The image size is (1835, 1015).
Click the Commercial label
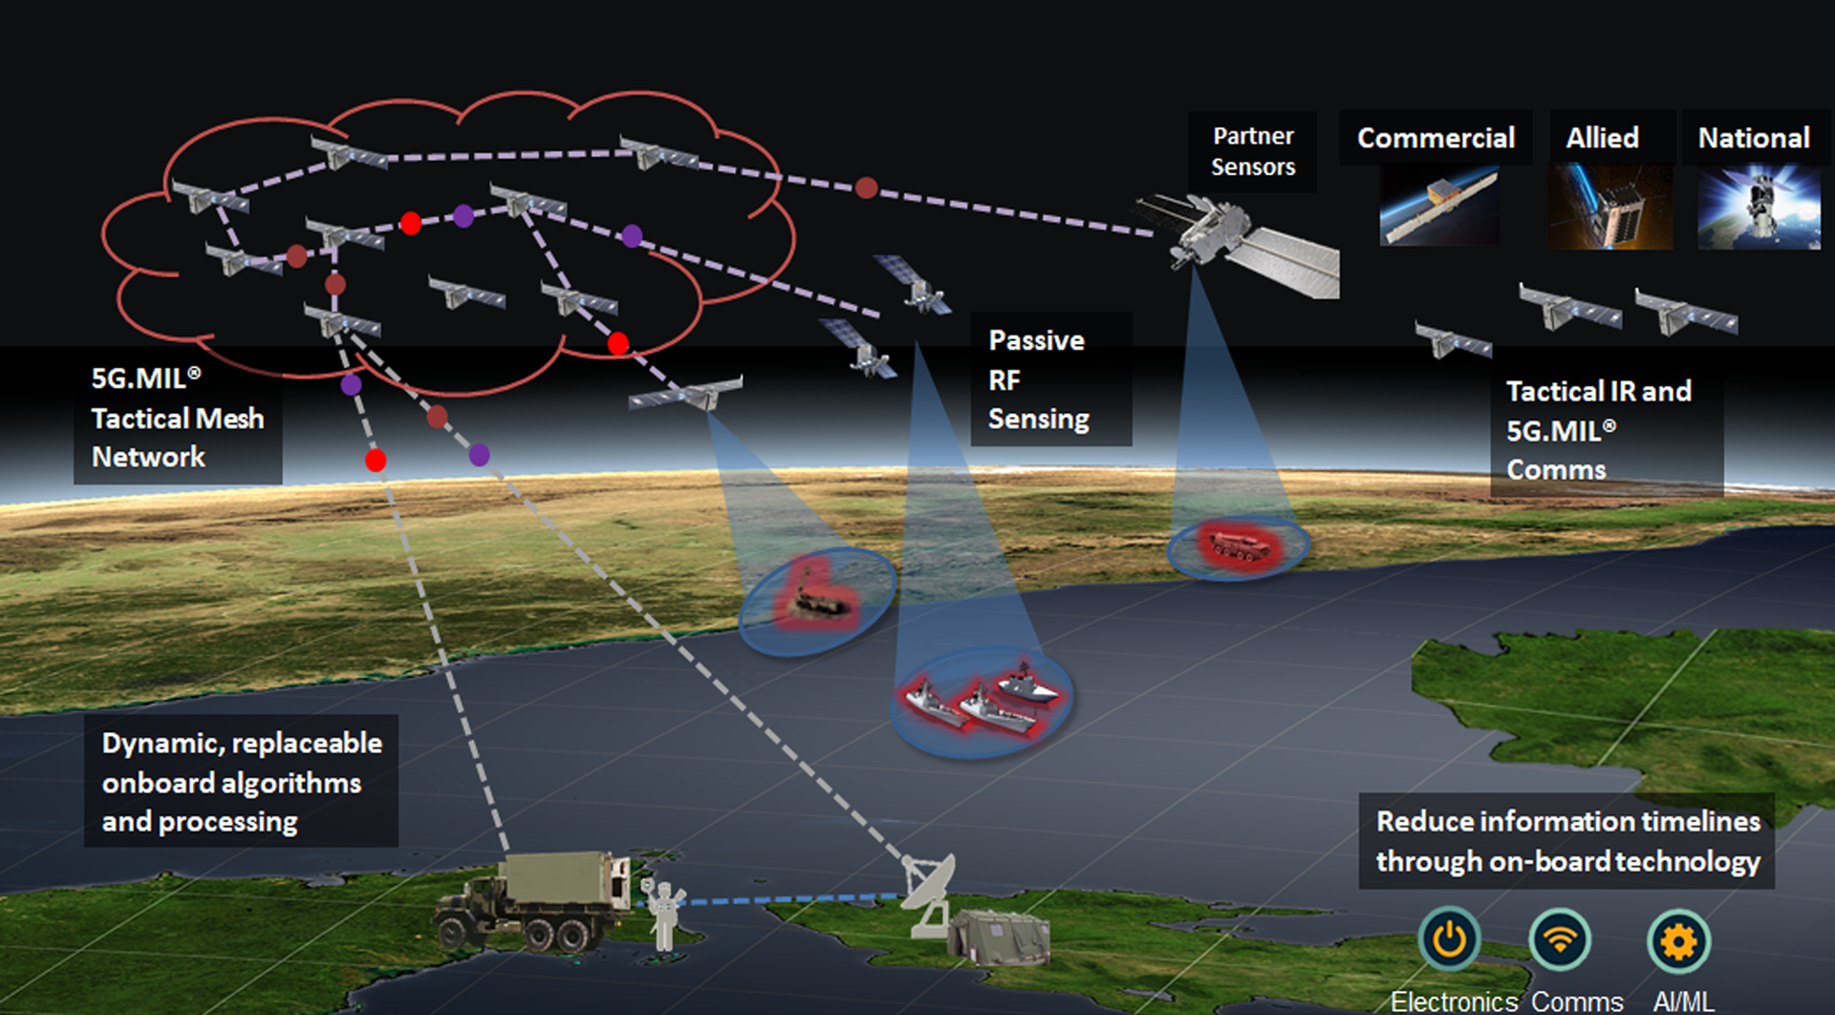pyautogui.click(x=1436, y=139)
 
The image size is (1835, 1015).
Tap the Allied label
pyautogui.click(x=1602, y=139)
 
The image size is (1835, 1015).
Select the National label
pyautogui.click(x=1754, y=139)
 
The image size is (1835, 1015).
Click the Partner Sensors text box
pyautogui.click(x=1253, y=151)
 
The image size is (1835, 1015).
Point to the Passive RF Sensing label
pyautogui.click(x=1039, y=379)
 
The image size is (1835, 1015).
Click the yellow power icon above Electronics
pyautogui.click(x=1449, y=939)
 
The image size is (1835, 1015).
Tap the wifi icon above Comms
pyautogui.click(x=1560, y=939)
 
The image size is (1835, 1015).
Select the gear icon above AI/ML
pyautogui.click(x=1678, y=941)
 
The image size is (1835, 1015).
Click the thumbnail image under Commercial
pyautogui.click(x=1438, y=205)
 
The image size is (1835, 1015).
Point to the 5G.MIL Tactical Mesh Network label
pyautogui.click(x=178, y=418)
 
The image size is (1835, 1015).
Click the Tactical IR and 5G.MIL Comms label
pyautogui.click(x=1598, y=430)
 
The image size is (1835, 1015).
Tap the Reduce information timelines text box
pyautogui.click(x=1567, y=841)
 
